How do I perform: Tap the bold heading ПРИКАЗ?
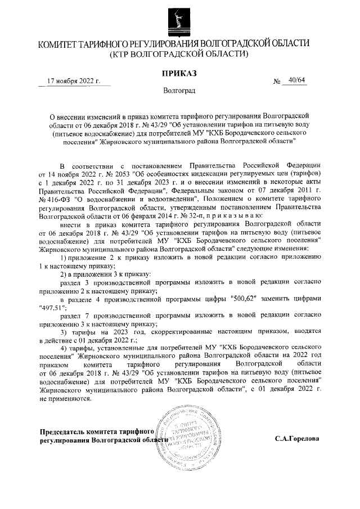178,73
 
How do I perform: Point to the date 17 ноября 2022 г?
73,81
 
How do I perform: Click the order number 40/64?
295,80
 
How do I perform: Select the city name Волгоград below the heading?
179,91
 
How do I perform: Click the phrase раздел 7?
74,316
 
